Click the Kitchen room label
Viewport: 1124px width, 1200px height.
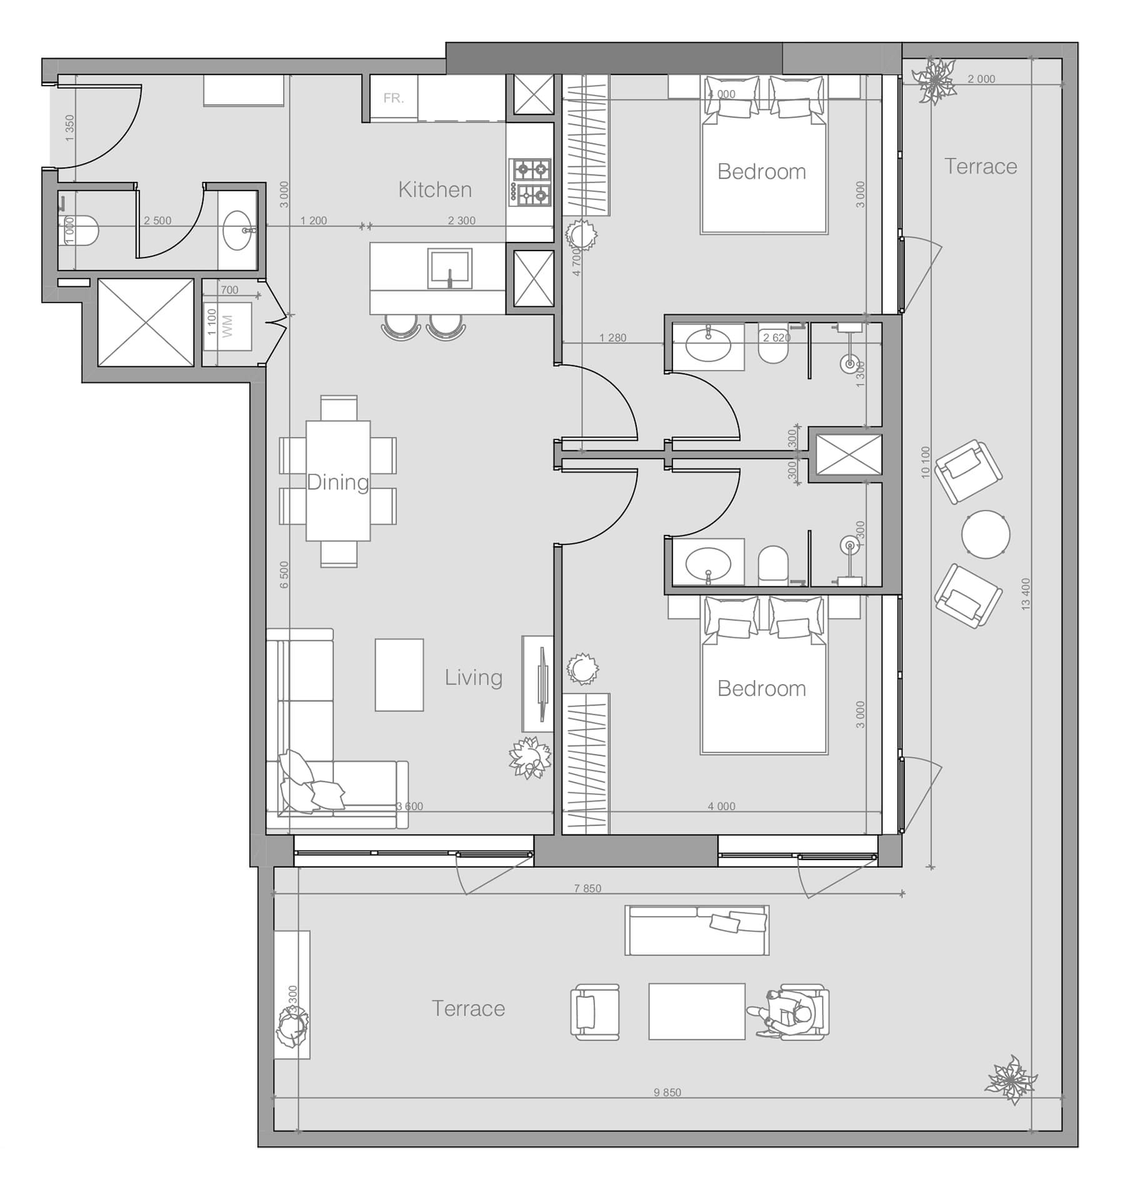click(x=435, y=189)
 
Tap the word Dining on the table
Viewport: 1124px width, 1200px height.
click(x=337, y=482)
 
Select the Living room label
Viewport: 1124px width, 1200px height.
click(x=474, y=677)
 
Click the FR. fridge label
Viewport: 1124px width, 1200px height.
click(x=394, y=98)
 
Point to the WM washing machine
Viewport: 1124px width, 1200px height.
click(x=227, y=326)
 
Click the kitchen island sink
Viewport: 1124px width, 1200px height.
click(x=450, y=268)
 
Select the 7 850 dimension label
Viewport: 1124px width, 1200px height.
click(x=587, y=889)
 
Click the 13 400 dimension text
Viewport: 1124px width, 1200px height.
click(x=1025, y=594)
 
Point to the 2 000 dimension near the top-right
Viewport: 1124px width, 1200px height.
click(x=981, y=79)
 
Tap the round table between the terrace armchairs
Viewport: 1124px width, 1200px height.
click(x=985, y=534)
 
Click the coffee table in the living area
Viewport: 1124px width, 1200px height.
click(x=399, y=674)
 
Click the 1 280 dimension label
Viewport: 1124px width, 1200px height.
click(x=612, y=338)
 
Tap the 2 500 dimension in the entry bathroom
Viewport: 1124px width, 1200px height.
click(x=157, y=221)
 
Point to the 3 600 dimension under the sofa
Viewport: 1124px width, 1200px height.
click(x=410, y=806)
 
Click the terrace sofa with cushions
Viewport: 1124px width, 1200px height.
click(x=697, y=930)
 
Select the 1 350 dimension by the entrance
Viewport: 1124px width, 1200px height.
click(x=70, y=127)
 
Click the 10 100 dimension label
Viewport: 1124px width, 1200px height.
click(x=925, y=462)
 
